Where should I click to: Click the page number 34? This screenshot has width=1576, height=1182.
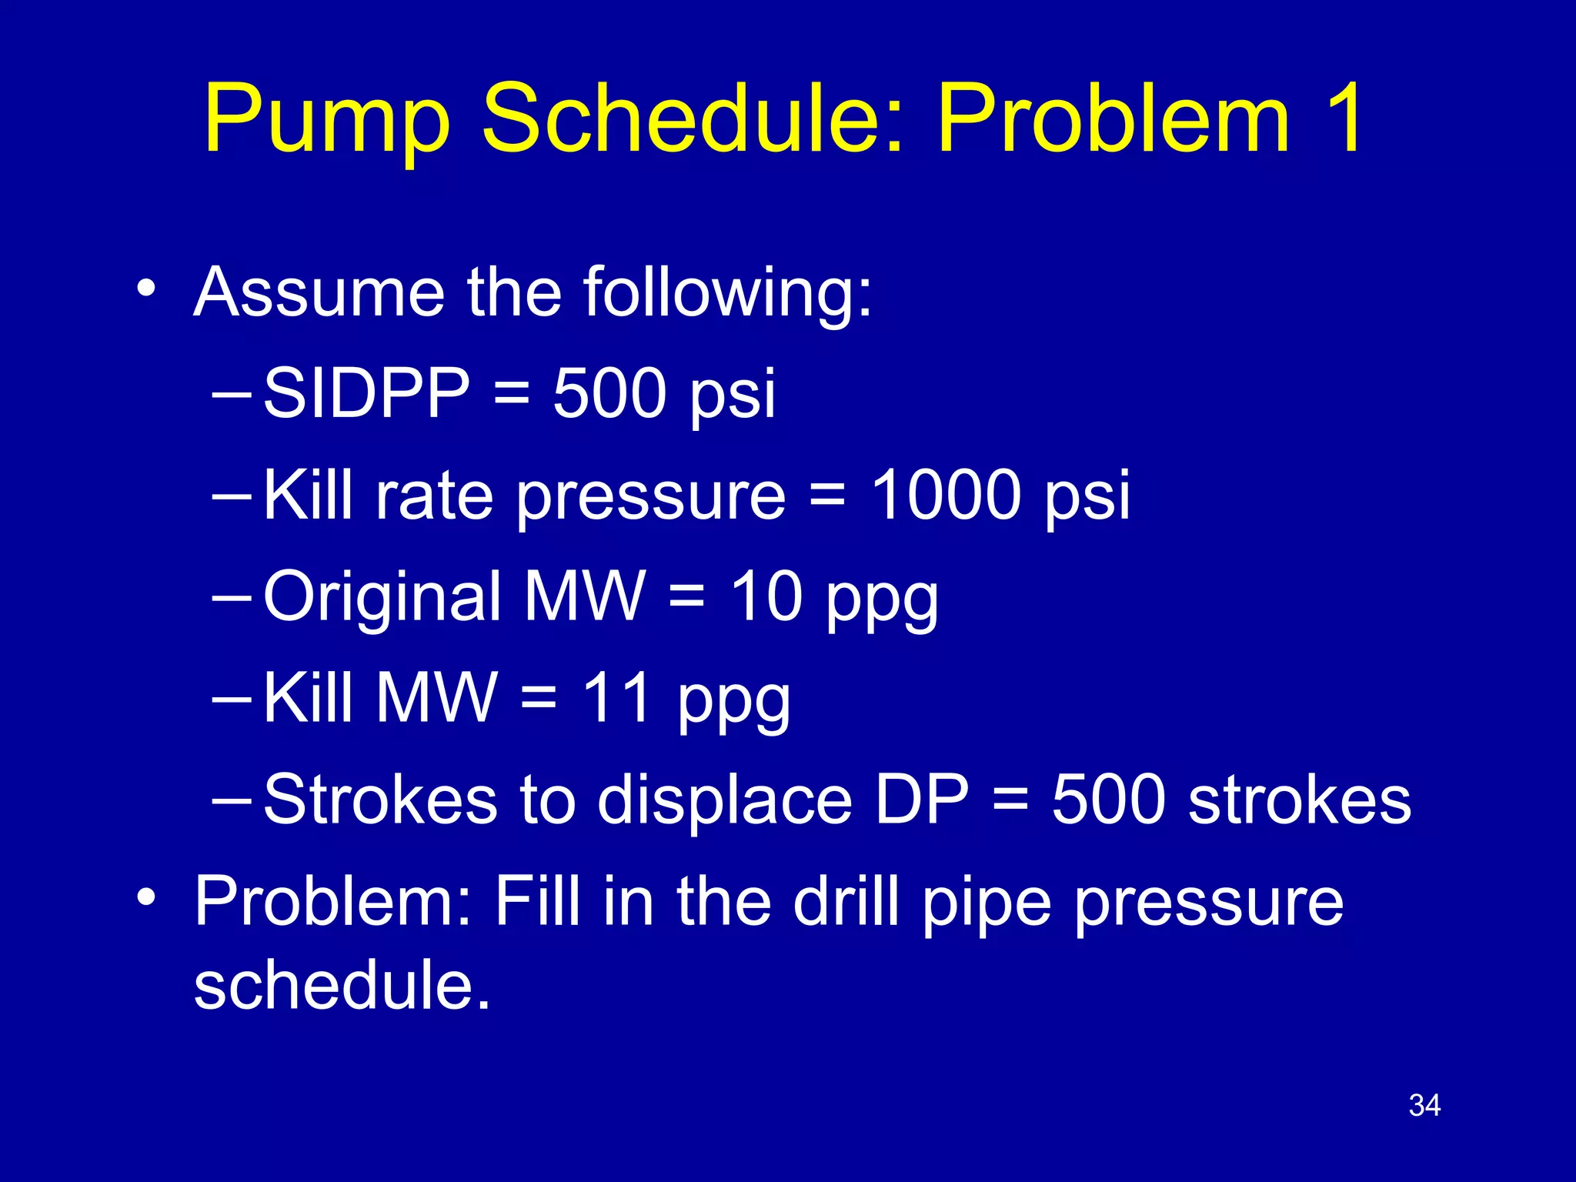pos(1424,1106)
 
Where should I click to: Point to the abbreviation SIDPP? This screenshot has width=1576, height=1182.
pos(366,393)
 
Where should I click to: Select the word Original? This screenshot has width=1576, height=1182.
pos(382,598)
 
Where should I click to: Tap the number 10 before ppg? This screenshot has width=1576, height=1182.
pos(766,596)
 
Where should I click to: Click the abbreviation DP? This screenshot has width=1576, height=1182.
pos(922,800)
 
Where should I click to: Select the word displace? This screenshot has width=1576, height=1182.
pos(725,801)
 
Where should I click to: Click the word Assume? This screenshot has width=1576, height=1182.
pos(319,292)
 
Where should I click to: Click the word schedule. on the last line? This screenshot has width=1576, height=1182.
pos(342,986)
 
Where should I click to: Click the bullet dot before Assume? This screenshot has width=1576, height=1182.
pos(146,290)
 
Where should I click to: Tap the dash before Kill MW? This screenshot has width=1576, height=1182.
pos(231,700)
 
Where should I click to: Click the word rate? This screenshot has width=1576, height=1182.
pos(433,496)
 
